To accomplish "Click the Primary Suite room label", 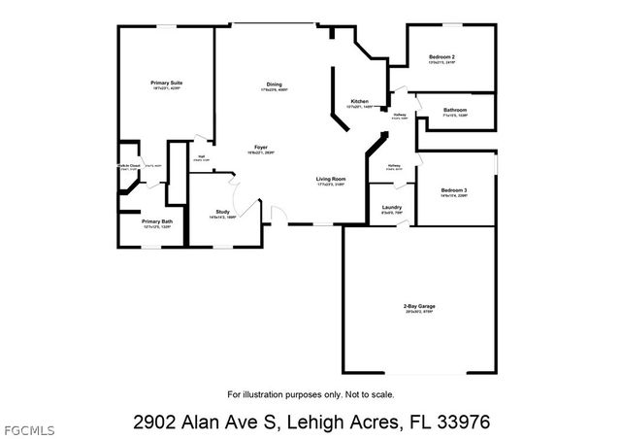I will (167, 84).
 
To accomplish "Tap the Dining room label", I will (275, 84).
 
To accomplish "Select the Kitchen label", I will (359, 101).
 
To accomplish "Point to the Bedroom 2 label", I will (441, 57).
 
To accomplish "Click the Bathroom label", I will (456, 110).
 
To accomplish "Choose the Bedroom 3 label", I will (454, 189).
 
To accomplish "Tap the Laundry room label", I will (392, 207).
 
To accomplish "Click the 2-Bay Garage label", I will (419, 306).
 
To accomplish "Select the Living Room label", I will (331, 179).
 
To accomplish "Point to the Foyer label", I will (261, 148).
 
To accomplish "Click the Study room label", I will (222, 212).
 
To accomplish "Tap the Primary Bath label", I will (157, 221).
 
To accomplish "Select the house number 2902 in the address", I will (154, 422).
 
